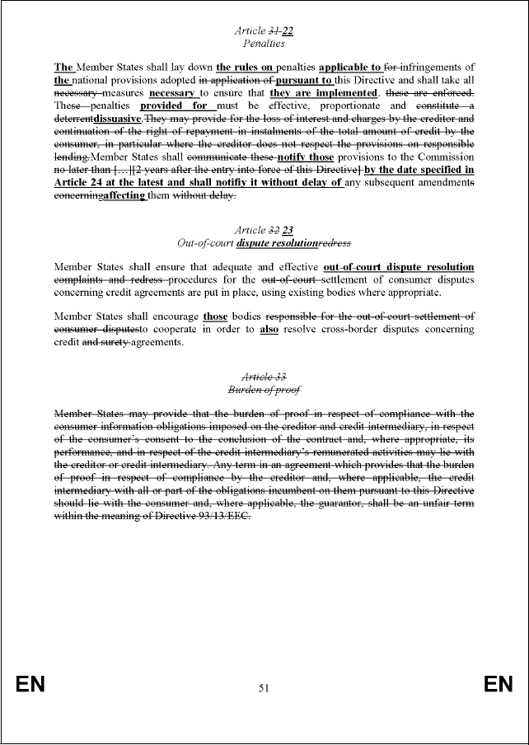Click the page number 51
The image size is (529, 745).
pyautogui.click(x=264, y=687)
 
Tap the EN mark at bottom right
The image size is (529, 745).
pyautogui.click(x=498, y=685)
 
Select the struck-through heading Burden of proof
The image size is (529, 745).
pyautogui.click(x=264, y=389)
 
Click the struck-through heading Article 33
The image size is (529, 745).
pyautogui.click(x=264, y=376)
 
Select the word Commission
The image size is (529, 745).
pyautogui.click(x=445, y=157)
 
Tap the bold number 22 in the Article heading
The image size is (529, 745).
pyautogui.click(x=288, y=30)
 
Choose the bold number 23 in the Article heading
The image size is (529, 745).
pyautogui.click(x=288, y=231)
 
